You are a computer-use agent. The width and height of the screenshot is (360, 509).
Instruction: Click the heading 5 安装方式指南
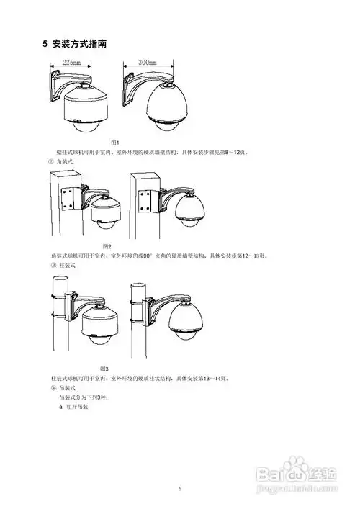click(76, 44)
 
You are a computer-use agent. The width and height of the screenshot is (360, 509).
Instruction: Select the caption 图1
click(114, 143)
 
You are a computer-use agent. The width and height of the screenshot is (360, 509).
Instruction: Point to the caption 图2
click(106, 247)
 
